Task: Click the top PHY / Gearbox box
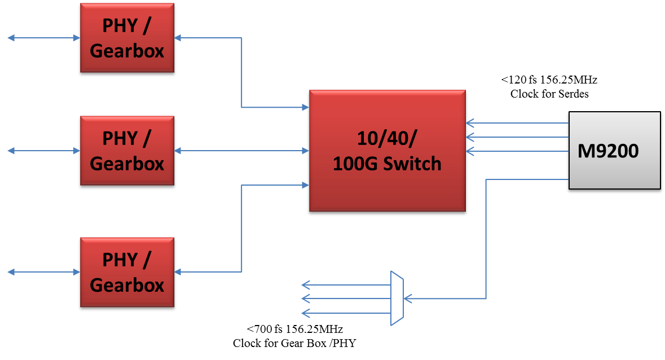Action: pos(127,38)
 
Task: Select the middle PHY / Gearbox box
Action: pos(127,151)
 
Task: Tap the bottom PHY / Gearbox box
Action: pos(127,272)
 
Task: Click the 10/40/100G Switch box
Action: pos(387,151)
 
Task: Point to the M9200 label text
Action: pos(608,151)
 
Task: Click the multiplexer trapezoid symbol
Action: pos(397,298)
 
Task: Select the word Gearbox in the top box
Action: pos(127,51)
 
